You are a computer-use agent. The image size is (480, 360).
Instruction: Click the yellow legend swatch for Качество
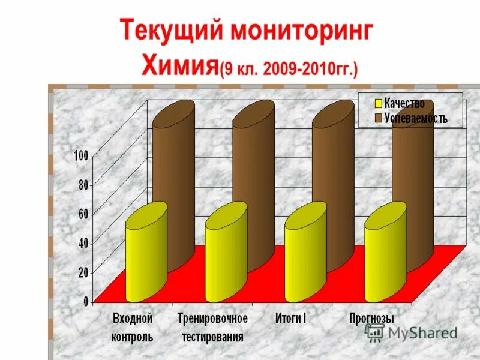tap(379, 104)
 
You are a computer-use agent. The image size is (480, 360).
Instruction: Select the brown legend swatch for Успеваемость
tap(379, 118)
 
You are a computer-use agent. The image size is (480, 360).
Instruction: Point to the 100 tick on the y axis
tap(81, 156)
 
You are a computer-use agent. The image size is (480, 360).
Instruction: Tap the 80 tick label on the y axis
tap(83, 185)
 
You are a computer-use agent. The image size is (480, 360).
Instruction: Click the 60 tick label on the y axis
tap(83, 214)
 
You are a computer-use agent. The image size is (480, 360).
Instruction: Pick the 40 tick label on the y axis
tap(83, 243)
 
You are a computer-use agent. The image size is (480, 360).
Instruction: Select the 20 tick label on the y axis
tap(83, 272)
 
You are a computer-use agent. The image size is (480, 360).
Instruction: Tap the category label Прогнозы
tap(371, 317)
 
